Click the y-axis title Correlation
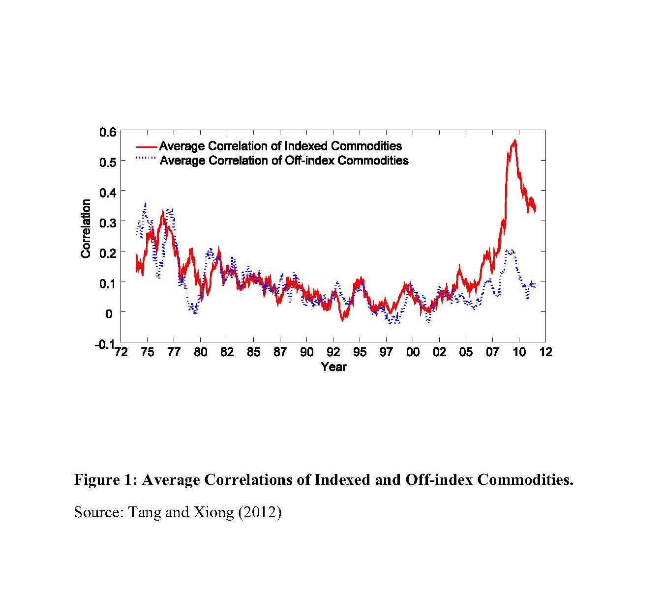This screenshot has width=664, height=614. pyautogui.click(x=86, y=228)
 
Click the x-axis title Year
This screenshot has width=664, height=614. pyautogui.click(x=333, y=367)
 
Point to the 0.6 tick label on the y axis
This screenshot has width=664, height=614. pyautogui.click(x=108, y=132)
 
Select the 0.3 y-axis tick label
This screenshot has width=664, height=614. pyautogui.click(x=108, y=222)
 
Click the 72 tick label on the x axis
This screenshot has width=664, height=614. pyautogui.click(x=120, y=352)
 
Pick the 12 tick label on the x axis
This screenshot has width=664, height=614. pyautogui.click(x=546, y=352)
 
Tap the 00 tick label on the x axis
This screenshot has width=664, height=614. pyautogui.click(x=413, y=352)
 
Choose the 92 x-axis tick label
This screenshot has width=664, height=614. pyautogui.click(x=333, y=352)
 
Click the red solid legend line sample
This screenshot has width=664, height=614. pyautogui.click(x=147, y=146)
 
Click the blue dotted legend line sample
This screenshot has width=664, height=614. pyautogui.click(x=147, y=158)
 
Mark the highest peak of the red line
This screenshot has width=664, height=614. pyautogui.click(x=514, y=140)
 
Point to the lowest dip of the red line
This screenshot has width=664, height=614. pyautogui.click(x=342, y=321)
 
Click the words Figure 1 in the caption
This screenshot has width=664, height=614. pyautogui.click(x=105, y=479)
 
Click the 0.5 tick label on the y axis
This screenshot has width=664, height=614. pyautogui.click(x=108, y=162)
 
